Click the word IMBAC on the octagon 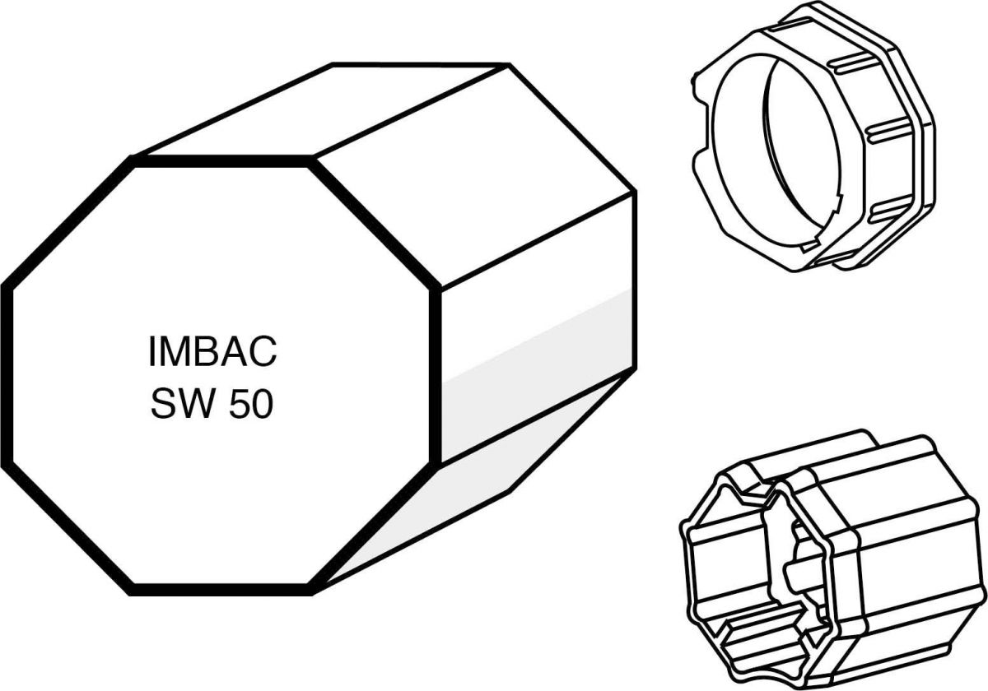(x=212, y=353)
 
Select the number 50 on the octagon (x=251, y=406)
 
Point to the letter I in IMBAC (x=152, y=353)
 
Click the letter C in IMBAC (x=263, y=353)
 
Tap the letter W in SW (x=192, y=406)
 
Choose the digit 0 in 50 (x=262, y=406)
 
